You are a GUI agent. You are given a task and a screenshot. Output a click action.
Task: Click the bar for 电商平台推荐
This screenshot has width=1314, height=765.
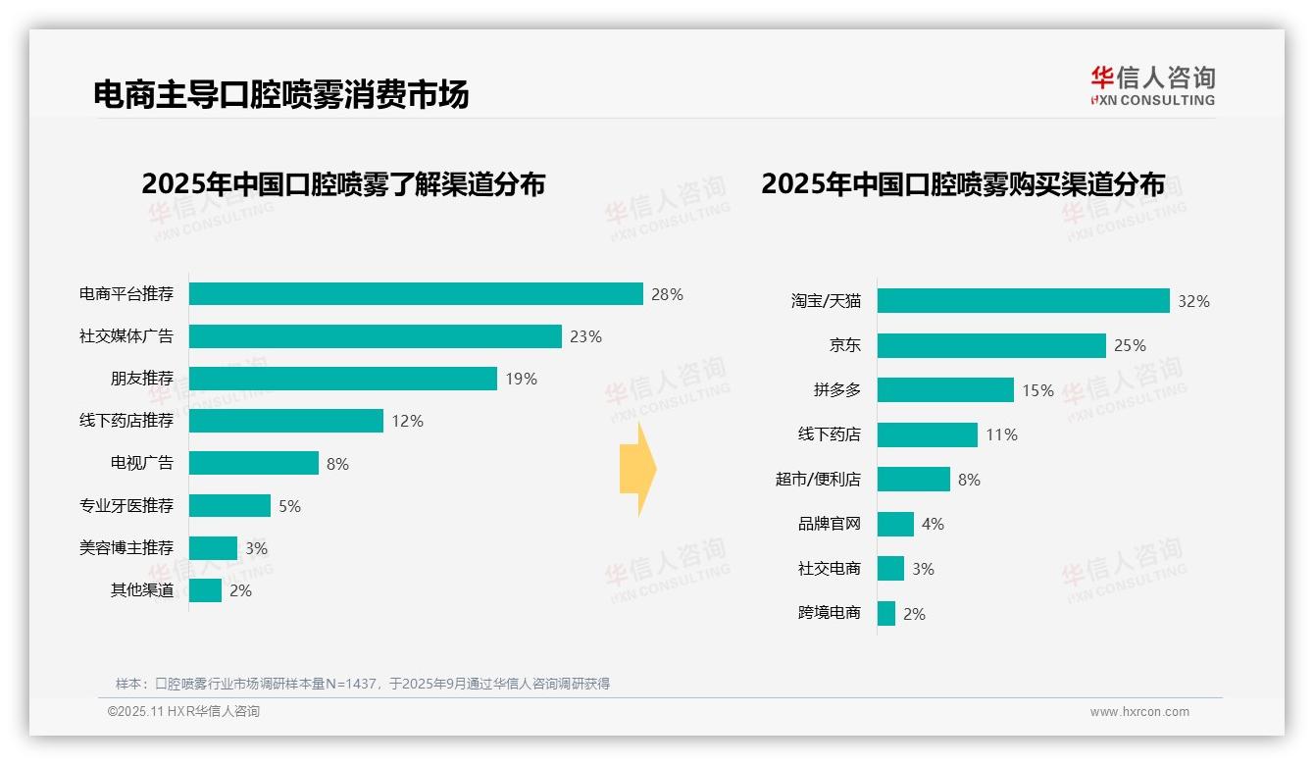(x=416, y=294)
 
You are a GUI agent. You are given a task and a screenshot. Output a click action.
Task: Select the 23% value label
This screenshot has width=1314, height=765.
(x=585, y=336)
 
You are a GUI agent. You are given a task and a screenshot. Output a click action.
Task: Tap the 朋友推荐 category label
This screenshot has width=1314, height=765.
(x=141, y=379)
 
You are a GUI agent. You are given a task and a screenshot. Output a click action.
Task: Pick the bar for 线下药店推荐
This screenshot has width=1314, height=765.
(x=285, y=421)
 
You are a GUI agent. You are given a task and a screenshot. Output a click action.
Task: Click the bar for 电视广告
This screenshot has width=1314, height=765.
(x=253, y=463)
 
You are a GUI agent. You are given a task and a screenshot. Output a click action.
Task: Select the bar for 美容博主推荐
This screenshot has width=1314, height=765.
(x=213, y=548)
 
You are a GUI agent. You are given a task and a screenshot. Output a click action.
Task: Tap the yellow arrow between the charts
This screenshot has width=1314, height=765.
(x=637, y=469)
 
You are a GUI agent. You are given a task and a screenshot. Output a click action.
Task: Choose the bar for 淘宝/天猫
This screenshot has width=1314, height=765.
(x=1023, y=301)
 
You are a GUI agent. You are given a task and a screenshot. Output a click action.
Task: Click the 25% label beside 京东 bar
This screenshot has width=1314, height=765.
(x=1130, y=345)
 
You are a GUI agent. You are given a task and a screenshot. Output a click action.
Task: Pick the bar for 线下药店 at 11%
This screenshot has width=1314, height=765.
(x=927, y=434)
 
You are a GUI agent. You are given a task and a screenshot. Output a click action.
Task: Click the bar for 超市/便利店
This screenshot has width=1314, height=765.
(x=913, y=480)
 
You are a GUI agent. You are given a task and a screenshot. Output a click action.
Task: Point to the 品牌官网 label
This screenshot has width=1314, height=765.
(x=829, y=524)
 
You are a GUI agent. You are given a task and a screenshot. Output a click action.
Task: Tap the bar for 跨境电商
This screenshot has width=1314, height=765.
(x=885, y=614)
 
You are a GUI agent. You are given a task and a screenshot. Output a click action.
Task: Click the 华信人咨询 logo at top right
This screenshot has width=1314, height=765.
(x=1152, y=85)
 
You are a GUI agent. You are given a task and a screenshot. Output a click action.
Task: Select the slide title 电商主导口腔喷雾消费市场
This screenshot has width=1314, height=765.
(x=280, y=94)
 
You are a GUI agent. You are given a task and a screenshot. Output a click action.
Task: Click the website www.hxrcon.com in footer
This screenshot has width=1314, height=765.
(x=1138, y=712)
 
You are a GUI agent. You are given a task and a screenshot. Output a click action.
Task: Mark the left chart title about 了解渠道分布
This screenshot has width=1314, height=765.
(x=343, y=184)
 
